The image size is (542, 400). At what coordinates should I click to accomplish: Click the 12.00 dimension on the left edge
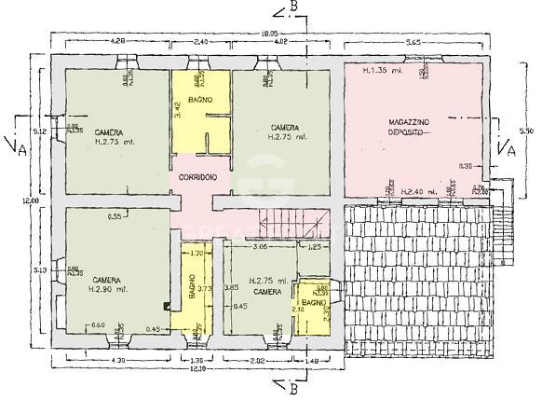31,200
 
